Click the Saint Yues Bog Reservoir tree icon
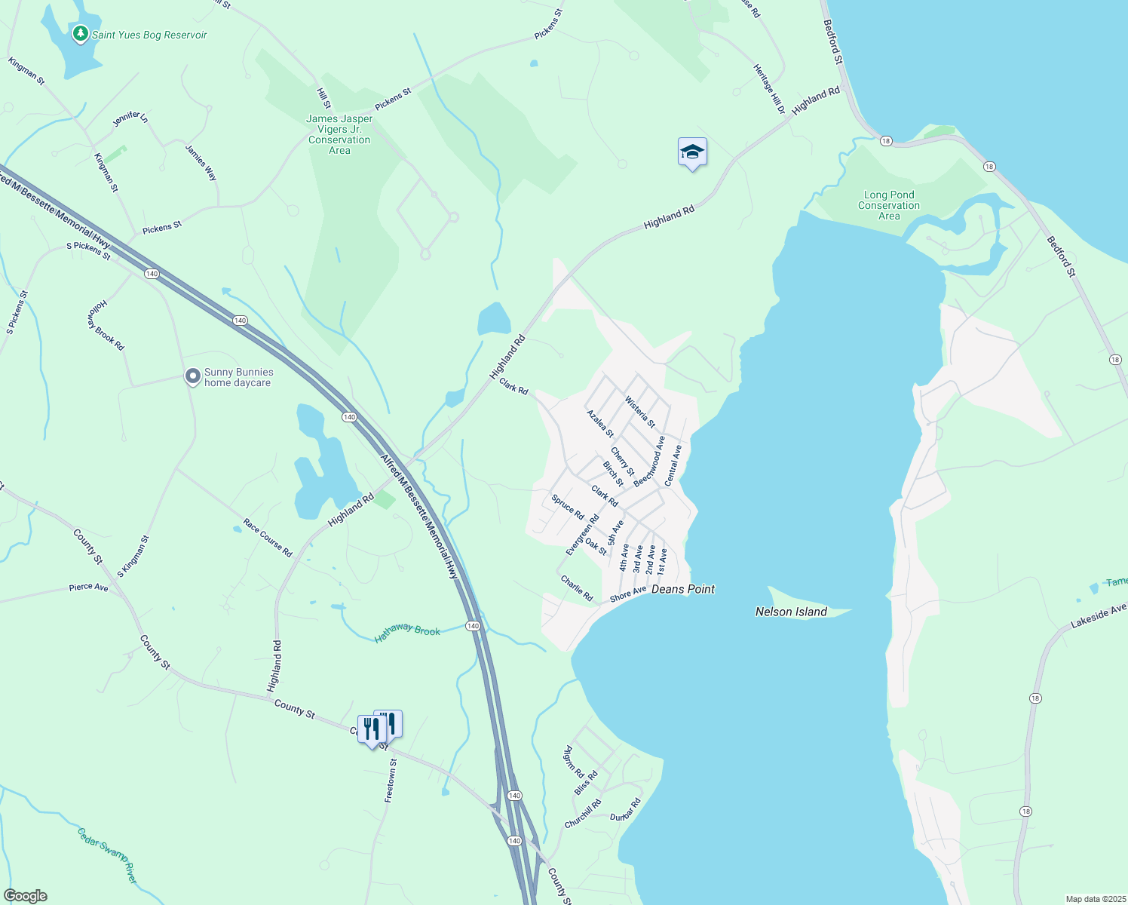80,34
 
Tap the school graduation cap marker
692,153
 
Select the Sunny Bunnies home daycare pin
193,376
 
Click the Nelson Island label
791,612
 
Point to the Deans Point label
682,589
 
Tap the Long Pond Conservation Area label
889,205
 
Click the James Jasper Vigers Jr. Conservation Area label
339,134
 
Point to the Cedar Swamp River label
109,855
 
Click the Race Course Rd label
268,538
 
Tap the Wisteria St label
640,412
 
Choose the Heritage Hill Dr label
769,89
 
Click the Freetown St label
391,781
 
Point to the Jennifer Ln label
130,119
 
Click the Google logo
26,896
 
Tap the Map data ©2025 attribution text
1095,899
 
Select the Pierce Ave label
88,587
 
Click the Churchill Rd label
583,814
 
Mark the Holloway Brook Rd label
105,325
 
